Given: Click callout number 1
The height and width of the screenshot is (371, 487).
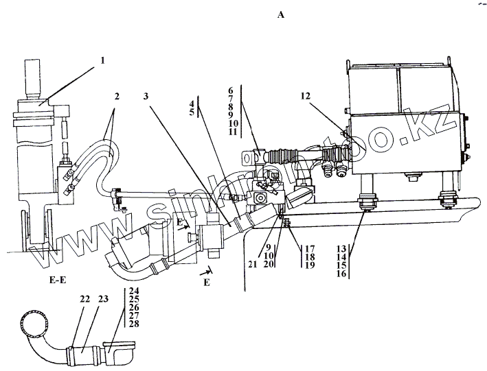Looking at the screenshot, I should pos(102,60).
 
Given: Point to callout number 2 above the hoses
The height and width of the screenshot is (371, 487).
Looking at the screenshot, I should pos(117,97).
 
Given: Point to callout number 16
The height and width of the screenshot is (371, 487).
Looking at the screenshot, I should pos(341,274).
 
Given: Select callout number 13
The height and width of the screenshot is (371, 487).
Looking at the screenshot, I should pos(341,248).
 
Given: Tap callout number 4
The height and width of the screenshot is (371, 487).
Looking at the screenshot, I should pos(192,104).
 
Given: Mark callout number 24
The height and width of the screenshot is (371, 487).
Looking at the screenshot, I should pos(133,291).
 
